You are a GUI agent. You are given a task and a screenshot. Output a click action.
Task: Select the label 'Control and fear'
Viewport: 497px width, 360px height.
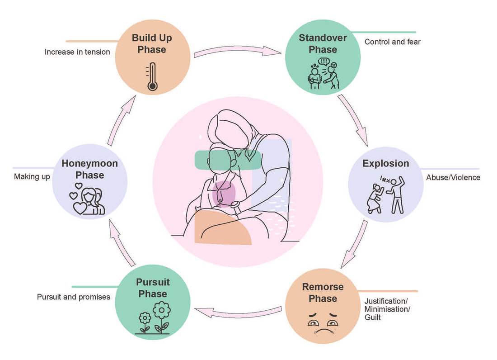coord(392,42)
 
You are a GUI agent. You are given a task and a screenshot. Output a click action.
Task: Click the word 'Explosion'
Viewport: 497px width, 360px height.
coord(385,164)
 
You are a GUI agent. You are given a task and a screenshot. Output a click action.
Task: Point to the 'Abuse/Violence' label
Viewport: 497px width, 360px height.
coord(453,177)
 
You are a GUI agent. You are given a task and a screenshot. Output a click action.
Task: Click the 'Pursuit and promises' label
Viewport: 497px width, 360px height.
coord(73,297)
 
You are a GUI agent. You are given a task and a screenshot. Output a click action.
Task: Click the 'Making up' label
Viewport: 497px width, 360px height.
coord(32,176)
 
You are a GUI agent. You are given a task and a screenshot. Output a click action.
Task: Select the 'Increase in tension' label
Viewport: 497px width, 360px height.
coord(77,52)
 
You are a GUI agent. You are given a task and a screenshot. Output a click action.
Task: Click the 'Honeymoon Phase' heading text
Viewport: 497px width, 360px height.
coord(89,169)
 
